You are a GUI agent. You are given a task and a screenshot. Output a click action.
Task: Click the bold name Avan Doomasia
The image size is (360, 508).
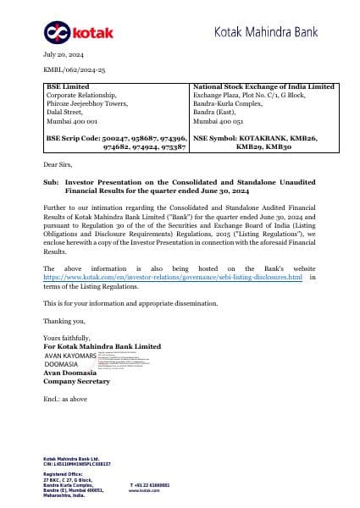(71, 373)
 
